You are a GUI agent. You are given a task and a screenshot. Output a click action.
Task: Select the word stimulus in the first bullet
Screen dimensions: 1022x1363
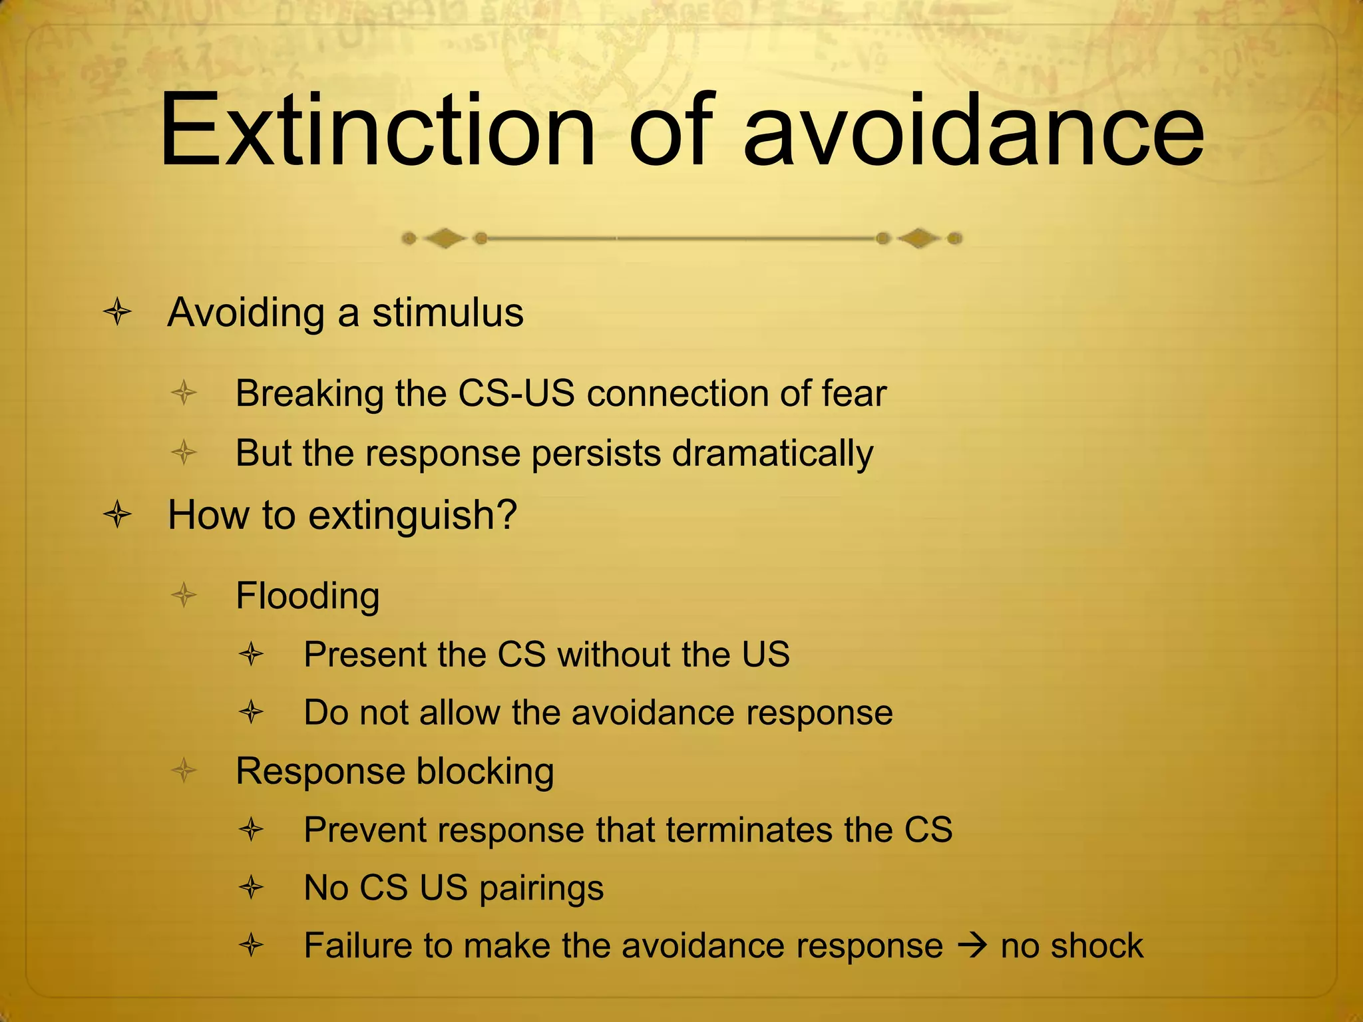coord(447,313)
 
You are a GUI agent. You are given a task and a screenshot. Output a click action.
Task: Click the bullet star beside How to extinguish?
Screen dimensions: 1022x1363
coord(117,515)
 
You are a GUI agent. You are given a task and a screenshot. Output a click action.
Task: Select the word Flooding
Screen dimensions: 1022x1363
coord(307,596)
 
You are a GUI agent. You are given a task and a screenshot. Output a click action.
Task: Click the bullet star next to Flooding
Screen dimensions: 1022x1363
coord(184,595)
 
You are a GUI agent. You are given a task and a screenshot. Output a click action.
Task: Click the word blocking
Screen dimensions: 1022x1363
coord(485,772)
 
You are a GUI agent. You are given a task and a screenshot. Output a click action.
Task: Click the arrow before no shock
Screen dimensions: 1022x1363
coord(972,945)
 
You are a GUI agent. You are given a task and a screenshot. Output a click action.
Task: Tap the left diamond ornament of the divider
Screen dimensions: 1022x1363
coord(445,238)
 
